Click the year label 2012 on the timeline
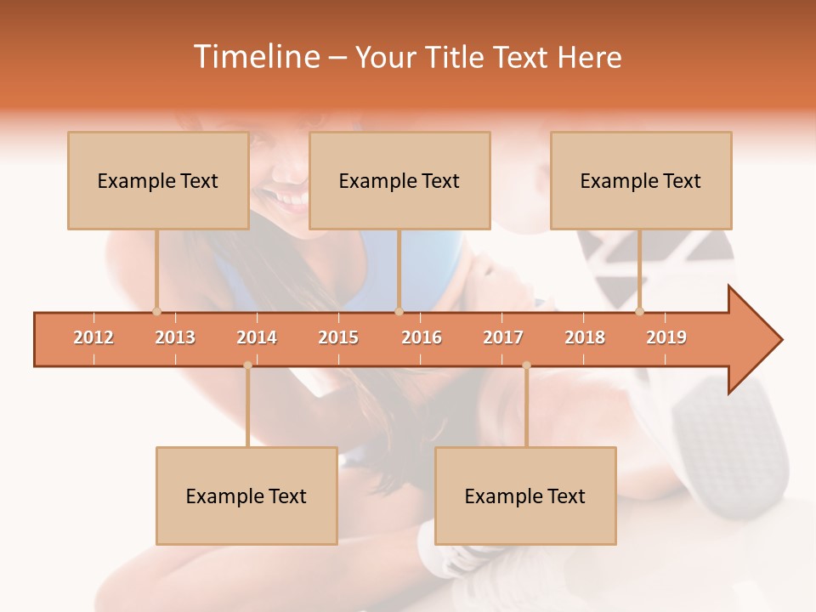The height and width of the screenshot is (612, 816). tap(93, 337)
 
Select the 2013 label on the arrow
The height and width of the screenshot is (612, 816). tap(175, 337)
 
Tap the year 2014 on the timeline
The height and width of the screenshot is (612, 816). tap(257, 337)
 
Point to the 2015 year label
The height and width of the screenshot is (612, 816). tap(338, 337)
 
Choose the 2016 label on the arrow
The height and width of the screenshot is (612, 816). tap(422, 337)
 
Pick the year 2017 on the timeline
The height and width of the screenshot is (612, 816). tap(503, 337)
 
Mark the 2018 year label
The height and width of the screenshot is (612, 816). tap(585, 337)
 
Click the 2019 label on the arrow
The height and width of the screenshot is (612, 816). tap(666, 337)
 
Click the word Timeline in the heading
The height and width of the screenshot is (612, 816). tap(255, 57)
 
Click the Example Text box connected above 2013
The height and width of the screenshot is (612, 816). tap(158, 180)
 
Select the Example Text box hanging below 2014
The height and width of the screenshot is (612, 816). tap(246, 496)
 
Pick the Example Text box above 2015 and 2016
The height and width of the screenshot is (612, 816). tap(399, 180)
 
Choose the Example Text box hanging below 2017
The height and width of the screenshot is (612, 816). tap(525, 496)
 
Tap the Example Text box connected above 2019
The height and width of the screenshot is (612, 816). tap(641, 180)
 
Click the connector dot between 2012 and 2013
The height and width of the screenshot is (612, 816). tap(156, 311)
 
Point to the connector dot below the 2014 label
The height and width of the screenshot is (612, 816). tap(247, 365)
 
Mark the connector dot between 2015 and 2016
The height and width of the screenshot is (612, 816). tap(399, 311)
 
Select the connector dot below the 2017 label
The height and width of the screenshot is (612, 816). tap(526, 365)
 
